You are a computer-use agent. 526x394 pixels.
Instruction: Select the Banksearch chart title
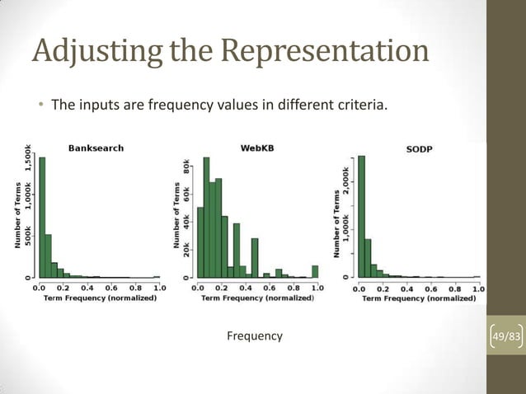pyautogui.click(x=95, y=148)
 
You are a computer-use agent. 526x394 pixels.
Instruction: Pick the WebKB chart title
pyautogui.click(x=257, y=148)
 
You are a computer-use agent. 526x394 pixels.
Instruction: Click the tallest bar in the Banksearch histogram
pyautogui.click(x=42, y=218)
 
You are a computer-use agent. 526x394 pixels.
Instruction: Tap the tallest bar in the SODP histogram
pyautogui.click(x=360, y=218)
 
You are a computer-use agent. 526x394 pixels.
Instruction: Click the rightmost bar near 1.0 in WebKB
pyautogui.click(x=315, y=271)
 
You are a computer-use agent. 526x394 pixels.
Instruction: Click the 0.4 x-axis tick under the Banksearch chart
pyautogui.click(x=87, y=288)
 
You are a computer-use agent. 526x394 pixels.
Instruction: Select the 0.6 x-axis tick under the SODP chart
pyautogui.click(x=430, y=288)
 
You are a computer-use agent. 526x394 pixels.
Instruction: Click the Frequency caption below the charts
pyautogui.click(x=254, y=336)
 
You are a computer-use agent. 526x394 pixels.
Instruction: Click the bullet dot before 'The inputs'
pyautogui.click(x=39, y=106)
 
